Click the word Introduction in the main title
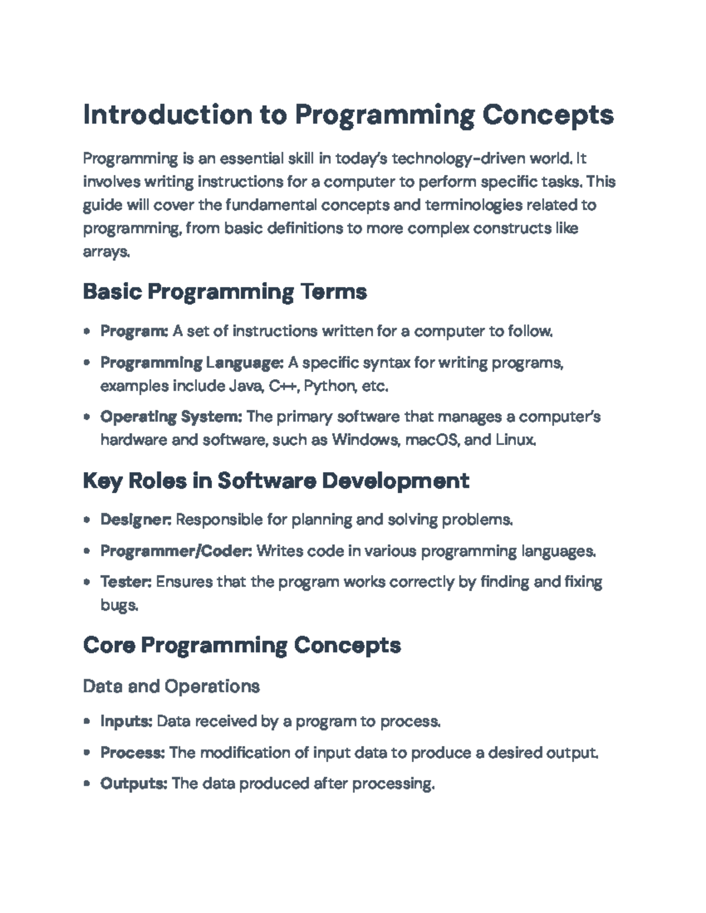[168, 115]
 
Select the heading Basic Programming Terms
[225, 292]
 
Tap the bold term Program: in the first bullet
[134, 332]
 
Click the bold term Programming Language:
[192, 363]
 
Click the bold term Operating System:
[171, 417]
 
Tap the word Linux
[516, 440]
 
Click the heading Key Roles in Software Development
[277, 481]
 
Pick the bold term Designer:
[136, 520]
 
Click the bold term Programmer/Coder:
[176, 551]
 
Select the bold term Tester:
[126, 582]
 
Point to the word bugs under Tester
[119, 606]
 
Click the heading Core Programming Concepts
[242, 646]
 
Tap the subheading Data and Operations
[172, 687]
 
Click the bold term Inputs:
[126, 721]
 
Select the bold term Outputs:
[134, 784]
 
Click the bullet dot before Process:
[87, 753]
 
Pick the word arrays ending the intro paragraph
[106, 252]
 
